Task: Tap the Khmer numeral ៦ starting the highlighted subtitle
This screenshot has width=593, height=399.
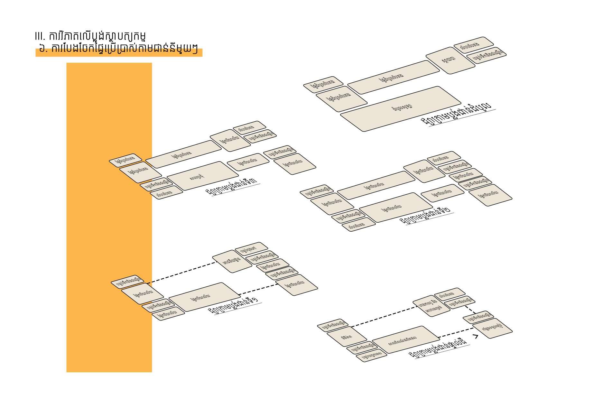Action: (42, 50)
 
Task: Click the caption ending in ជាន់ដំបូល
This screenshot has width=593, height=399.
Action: (457, 114)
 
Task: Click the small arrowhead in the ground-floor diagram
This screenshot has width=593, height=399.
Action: (475, 336)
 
